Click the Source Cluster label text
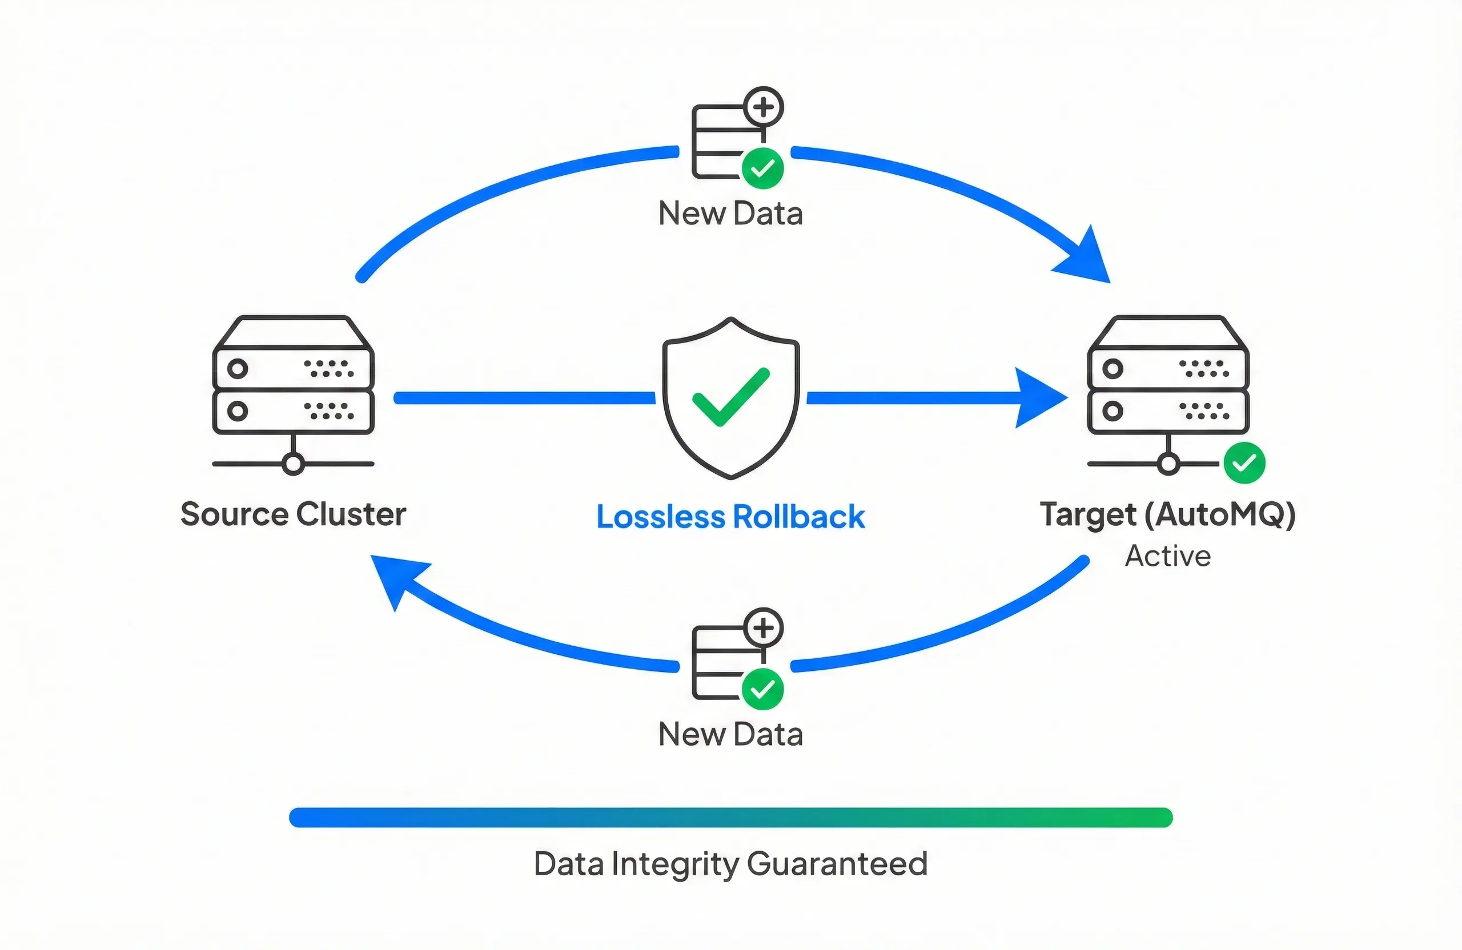pyautogui.click(x=293, y=514)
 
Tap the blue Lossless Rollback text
pyautogui.click(x=730, y=517)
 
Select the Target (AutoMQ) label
pyautogui.click(x=1167, y=514)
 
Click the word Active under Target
pyautogui.click(x=1168, y=555)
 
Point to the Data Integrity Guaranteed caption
pyautogui.click(x=730, y=864)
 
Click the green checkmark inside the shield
pyautogui.click(x=730, y=398)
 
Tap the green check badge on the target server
pyautogui.click(x=1244, y=462)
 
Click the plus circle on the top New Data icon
pyautogui.click(x=764, y=107)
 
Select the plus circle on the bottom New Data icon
pyautogui.click(x=764, y=627)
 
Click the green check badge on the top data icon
pyautogui.click(x=762, y=168)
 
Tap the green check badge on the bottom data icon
pyautogui.click(x=762, y=689)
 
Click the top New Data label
pyautogui.click(x=730, y=214)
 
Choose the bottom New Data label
pyautogui.click(x=730, y=734)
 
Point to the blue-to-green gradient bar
pyautogui.click(x=730, y=818)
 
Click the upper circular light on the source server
pyautogui.click(x=238, y=368)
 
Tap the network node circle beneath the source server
pyautogui.click(x=293, y=464)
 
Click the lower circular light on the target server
pyautogui.click(x=1112, y=411)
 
